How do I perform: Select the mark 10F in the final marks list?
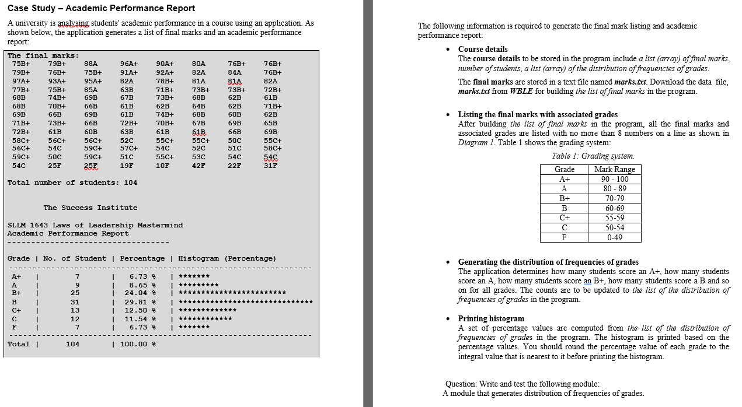point(163,166)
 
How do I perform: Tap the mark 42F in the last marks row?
point(198,166)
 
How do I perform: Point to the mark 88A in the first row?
point(90,64)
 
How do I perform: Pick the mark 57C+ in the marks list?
point(128,148)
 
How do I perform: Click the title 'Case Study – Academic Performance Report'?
point(102,8)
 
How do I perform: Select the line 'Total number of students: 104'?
point(72,183)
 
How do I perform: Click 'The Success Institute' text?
point(90,208)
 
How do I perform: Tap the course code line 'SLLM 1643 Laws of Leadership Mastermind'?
point(95,225)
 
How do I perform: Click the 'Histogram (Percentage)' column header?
point(227,258)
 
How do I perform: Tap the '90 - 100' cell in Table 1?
point(614,180)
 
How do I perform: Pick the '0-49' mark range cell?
point(614,237)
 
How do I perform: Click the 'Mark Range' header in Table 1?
point(614,170)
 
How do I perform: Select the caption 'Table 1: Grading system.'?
point(593,156)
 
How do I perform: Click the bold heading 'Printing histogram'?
point(491,318)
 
